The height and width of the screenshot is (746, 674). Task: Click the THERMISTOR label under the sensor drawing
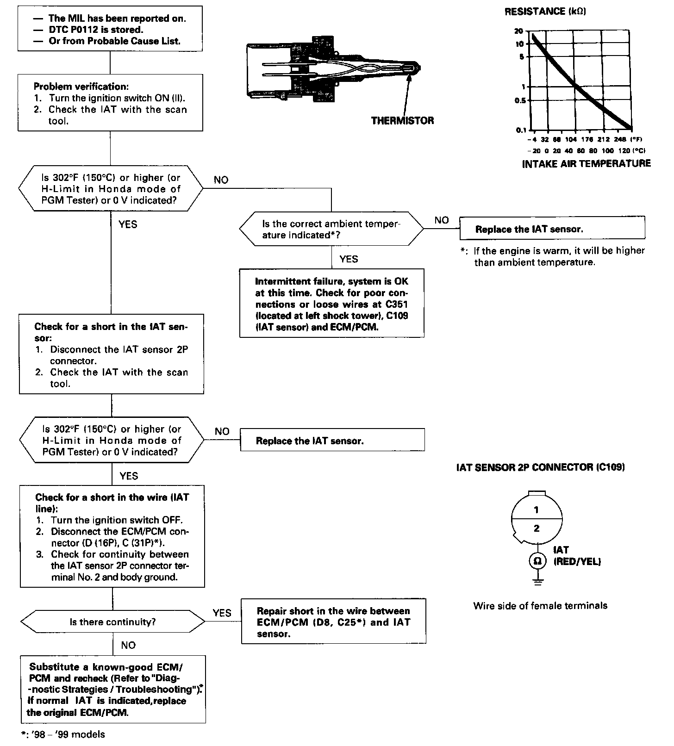[402, 121]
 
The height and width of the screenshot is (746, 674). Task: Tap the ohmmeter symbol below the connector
[537, 561]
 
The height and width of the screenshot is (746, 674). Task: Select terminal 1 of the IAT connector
[536, 510]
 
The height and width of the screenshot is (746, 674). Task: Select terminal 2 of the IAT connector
[537, 528]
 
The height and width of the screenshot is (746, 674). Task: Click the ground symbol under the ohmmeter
[537, 582]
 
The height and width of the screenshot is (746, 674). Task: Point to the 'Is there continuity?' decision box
[112, 622]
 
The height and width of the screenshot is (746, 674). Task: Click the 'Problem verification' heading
[81, 87]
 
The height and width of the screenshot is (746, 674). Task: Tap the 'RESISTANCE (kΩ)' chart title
[545, 12]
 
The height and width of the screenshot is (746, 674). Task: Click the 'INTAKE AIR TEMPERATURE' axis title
[586, 163]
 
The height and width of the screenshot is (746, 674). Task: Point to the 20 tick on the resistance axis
[518, 31]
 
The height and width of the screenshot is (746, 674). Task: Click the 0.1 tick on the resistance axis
[520, 130]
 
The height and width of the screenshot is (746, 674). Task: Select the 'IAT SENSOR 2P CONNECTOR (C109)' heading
[541, 467]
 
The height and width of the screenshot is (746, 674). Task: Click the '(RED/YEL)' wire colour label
[577, 562]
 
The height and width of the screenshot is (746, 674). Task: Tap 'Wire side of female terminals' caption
[540, 606]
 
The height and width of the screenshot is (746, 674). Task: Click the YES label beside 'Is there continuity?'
[222, 613]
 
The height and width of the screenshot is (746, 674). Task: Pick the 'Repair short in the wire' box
[333, 622]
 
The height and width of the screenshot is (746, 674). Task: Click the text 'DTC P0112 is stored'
[95, 30]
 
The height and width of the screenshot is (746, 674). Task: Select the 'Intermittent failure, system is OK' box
[331, 303]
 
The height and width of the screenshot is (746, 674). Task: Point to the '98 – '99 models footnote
[63, 734]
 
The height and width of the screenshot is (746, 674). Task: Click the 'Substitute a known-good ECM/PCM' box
[113, 689]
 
